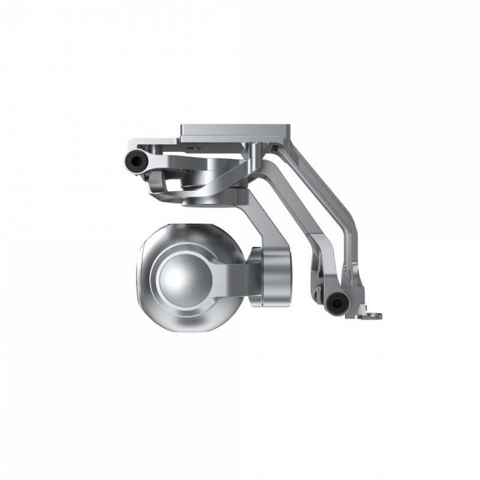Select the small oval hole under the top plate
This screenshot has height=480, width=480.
193,145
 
